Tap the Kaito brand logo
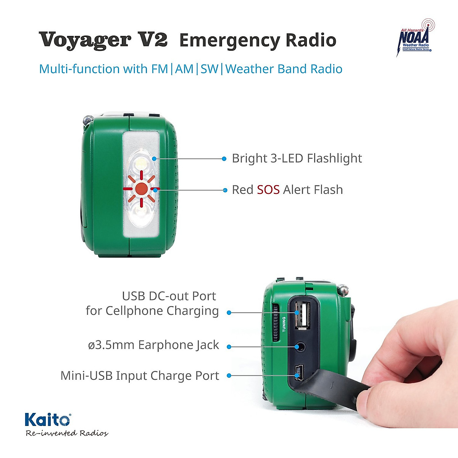(x=48, y=420)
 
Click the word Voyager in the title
(x=85, y=40)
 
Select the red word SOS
(x=268, y=190)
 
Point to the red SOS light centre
(x=141, y=188)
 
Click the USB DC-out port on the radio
(x=302, y=314)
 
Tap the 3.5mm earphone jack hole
(x=301, y=347)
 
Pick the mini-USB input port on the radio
(x=299, y=372)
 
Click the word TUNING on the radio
(x=284, y=324)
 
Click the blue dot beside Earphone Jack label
(x=229, y=347)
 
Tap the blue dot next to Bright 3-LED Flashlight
(x=224, y=158)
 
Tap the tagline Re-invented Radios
(x=67, y=433)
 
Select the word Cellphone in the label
(x=134, y=311)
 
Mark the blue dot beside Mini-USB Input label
(x=229, y=376)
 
